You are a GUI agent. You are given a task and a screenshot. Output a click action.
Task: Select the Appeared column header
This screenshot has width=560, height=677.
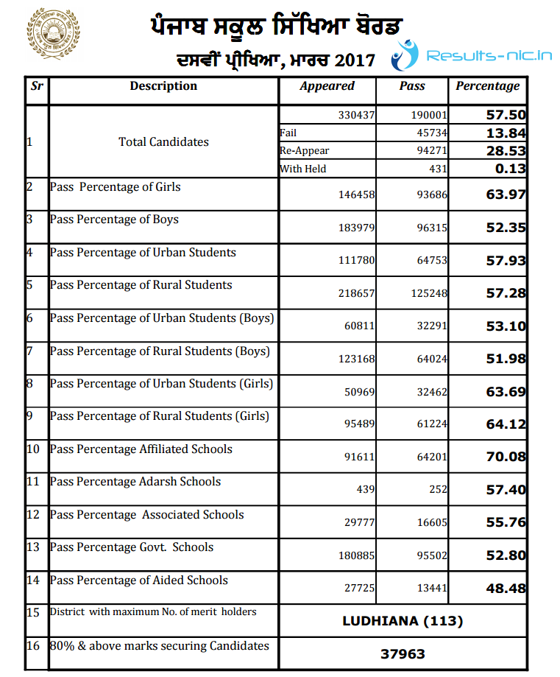point(327,86)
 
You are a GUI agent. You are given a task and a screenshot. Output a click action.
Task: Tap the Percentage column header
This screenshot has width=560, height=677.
point(487,86)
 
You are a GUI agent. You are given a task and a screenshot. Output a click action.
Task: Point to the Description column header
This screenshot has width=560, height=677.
point(163,86)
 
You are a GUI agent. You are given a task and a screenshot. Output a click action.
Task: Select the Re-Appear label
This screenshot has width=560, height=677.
point(304,151)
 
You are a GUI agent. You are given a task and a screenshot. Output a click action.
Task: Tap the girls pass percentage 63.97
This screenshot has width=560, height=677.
point(506,195)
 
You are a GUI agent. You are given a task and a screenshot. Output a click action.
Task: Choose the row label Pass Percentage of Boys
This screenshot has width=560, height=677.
point(114,220)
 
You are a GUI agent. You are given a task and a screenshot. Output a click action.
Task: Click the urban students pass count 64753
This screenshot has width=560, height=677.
point(430,261)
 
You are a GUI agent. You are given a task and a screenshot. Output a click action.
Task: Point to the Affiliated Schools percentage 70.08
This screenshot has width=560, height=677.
point(506,457)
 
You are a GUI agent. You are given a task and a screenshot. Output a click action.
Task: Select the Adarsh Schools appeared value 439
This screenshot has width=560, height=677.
point(366,490)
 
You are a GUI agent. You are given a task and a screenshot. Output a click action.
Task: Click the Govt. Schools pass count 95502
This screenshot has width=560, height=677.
point(430,555)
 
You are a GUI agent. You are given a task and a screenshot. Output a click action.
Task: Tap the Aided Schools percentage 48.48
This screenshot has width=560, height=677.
point(506,587)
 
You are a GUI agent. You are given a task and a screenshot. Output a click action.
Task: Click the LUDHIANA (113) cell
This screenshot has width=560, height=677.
point(403,621)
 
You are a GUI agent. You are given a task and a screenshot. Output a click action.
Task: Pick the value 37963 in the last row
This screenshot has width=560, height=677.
point(403,653)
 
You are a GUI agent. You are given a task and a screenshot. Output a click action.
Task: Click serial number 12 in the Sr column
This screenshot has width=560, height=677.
point(32,514)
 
